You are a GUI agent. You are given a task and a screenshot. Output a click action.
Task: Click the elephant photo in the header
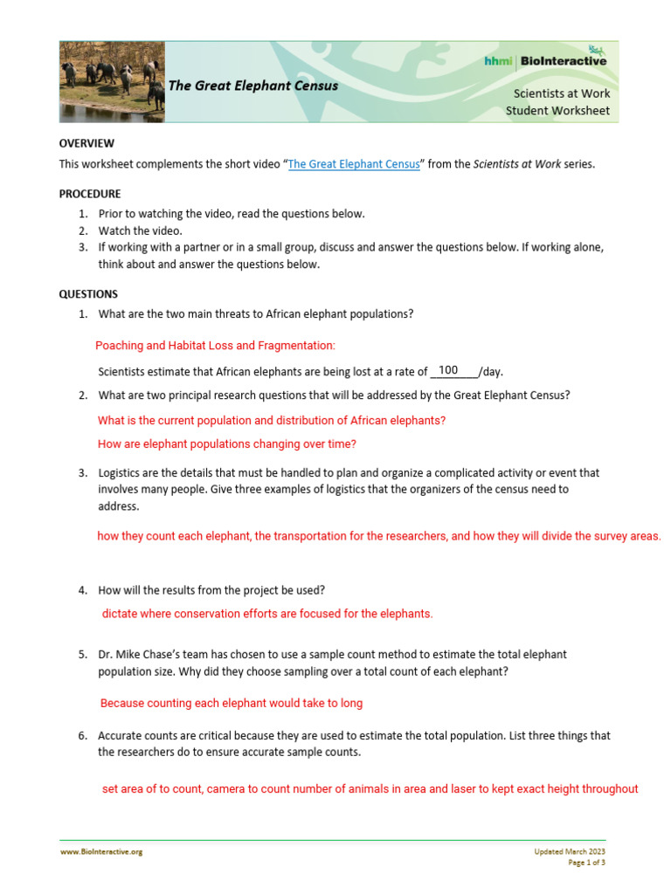[112, 81]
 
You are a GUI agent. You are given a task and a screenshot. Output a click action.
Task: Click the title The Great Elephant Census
[252, 86]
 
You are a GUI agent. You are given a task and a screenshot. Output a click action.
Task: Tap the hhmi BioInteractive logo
[546, 60]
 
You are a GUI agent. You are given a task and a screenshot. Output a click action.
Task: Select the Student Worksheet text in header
[557, 111]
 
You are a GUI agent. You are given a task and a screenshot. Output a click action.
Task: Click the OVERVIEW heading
[86, 143]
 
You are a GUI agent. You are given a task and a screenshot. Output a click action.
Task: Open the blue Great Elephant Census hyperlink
[354, 164]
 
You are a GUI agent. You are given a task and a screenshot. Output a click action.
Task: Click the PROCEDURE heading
[90, 194]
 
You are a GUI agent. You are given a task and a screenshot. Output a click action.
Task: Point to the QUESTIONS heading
[88, 294]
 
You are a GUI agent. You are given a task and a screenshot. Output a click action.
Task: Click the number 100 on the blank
[448, 370]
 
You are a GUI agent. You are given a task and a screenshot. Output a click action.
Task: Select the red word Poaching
[119, 346]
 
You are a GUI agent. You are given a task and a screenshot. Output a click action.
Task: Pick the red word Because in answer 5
[122, 703]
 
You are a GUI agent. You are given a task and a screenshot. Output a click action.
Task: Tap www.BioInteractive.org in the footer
[100, 851]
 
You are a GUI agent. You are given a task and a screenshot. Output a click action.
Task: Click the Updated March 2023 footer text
[570, 851]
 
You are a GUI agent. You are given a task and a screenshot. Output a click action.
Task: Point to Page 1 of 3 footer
[586, 863]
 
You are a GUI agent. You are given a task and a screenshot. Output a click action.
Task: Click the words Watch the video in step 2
[140, 230]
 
